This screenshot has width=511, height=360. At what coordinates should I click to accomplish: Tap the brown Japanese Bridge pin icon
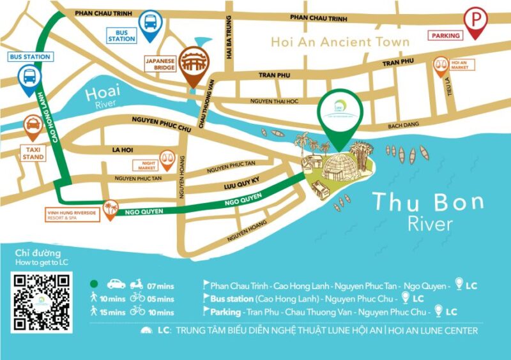pyautogui.click(x=192, y=64)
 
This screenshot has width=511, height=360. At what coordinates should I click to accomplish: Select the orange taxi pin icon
pyautogui.click(x=33, y=127)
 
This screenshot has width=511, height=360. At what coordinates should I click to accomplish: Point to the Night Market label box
pyautogui.click(x=145, y=165)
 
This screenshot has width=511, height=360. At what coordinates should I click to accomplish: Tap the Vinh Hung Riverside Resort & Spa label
pyautogui.click(x=72, y=214)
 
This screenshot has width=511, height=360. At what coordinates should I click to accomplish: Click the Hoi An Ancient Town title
pyautogui.click(x=340, y=42)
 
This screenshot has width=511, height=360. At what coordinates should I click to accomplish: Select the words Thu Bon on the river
pyautogui.click(x=429, y=202)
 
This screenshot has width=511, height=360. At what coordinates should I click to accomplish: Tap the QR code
pyautogui.click(x=42, y=302)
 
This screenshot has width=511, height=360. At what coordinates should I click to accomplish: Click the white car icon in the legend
pyautogui.click(x=116, y=284)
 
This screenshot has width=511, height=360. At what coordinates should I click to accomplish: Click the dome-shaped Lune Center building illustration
pyautogui.click(x=339, y=167)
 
